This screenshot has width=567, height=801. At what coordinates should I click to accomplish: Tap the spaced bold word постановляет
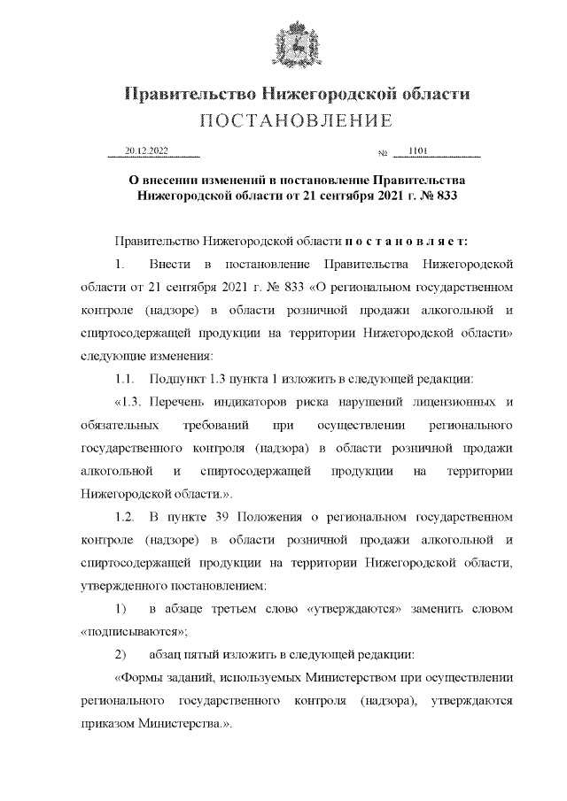tap(411, 241)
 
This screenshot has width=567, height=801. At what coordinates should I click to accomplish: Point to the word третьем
tap(236, 609)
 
